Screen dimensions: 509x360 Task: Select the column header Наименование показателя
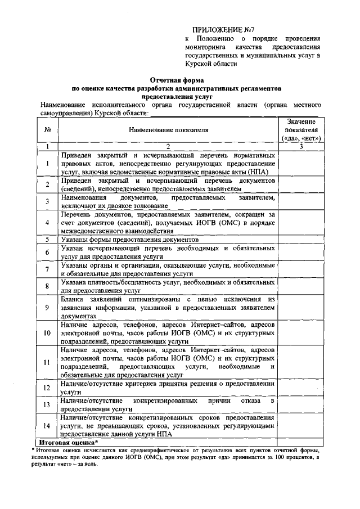click(x=168, y=130)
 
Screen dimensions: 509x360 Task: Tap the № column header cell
click(x=48, y=130)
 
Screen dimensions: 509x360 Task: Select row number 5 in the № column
click(x=48, y=239)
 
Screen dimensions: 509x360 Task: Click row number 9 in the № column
click(x=48, y=308)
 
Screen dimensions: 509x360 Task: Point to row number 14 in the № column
click(x=48, y=426)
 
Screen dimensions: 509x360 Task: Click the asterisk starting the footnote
click(x=33, y=450)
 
